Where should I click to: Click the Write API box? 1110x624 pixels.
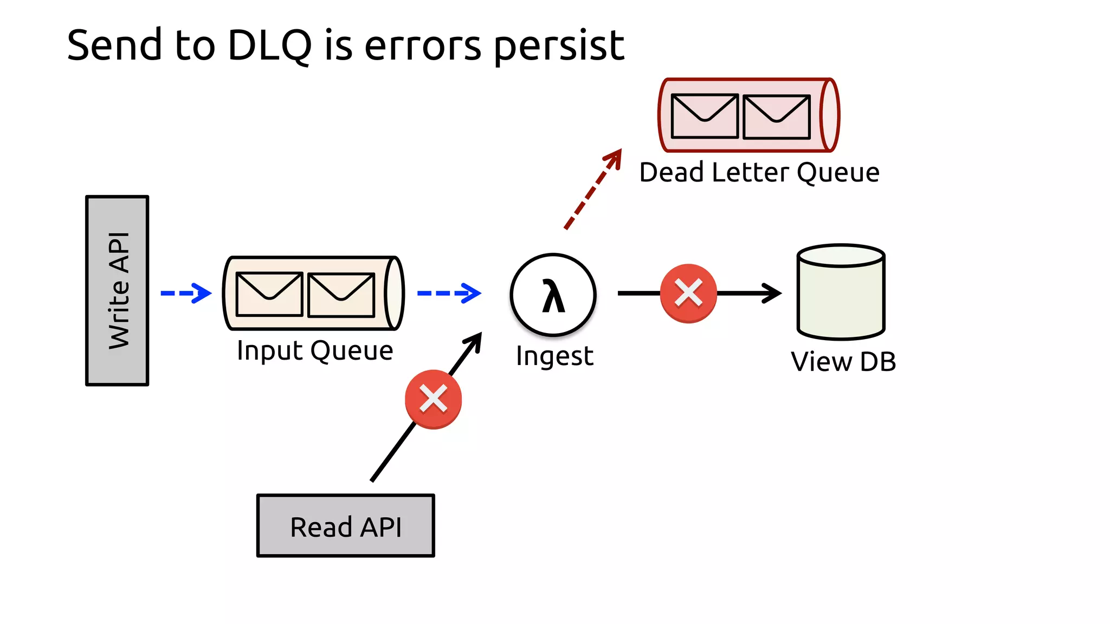[117, 291]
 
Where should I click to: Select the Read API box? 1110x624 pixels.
[346, 526]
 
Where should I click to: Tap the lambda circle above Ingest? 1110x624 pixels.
[553, 295]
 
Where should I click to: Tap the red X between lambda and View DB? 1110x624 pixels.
[688, 294]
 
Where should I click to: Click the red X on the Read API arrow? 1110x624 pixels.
[433, 399]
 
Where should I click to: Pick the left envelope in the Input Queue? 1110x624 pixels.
[269, 294]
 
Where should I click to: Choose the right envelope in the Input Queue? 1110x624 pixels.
[341, 295]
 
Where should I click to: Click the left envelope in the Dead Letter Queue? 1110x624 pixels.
[705, 116]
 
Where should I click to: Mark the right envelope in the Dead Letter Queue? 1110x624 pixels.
[777, 116]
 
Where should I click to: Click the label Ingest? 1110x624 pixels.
[554, 356]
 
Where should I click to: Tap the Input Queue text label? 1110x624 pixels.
[315, 351]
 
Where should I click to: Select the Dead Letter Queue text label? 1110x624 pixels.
[759, 173]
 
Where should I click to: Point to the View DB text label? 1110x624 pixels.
[843, 361]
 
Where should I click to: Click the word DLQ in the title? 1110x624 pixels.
[269, 45]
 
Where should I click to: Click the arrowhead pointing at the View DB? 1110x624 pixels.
[772, 293]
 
